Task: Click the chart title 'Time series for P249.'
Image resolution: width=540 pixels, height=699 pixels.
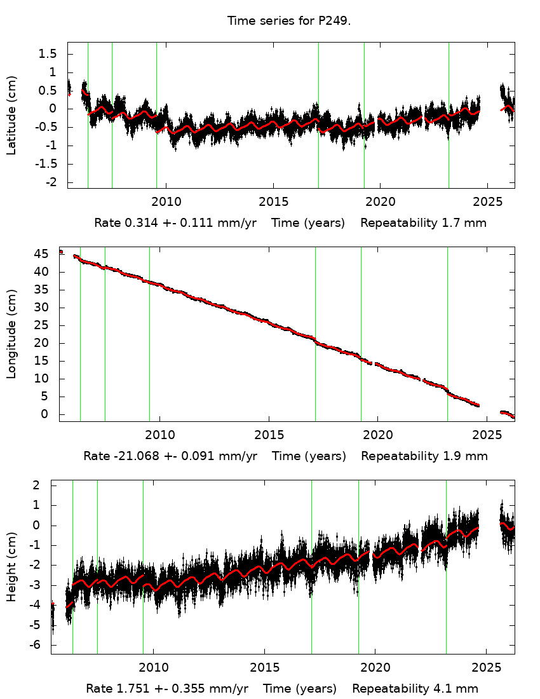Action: [x=289, y=21]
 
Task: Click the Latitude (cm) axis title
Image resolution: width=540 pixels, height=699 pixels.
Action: [x=11, y=115]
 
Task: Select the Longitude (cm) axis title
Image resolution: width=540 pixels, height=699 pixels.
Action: [x=11, y=334]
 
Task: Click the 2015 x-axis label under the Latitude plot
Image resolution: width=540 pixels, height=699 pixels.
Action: [x=273, y=202]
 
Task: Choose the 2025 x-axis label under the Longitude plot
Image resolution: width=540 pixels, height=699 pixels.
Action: [x=487, y=435]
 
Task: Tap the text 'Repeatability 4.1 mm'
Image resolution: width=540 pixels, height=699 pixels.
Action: [x=415, y=689]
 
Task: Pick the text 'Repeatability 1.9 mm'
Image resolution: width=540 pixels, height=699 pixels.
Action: [x=424, y=456]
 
